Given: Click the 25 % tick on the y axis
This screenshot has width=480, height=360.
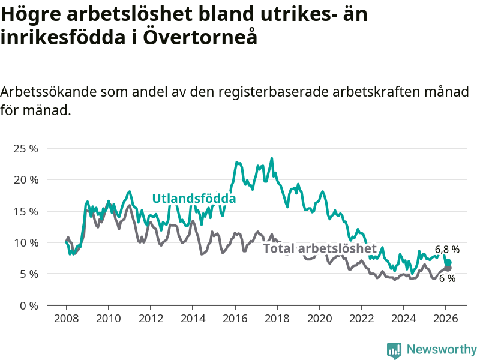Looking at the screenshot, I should tap(25, 148).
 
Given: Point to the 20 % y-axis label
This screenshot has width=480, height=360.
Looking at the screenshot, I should tap(25, 179).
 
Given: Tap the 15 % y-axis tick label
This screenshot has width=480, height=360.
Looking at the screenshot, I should tap(25, 211).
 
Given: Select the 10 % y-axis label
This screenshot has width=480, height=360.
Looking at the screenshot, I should tap(25, 242).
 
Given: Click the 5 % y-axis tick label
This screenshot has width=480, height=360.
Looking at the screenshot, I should tap(28, 274).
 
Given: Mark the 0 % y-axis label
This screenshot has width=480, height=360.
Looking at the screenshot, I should tap(28, 305).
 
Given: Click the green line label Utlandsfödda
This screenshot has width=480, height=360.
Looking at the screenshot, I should tap(194, 199).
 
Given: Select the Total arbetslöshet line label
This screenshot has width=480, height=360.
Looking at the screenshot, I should tap(320, 248).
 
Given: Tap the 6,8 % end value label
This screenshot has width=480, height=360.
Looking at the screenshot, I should tap(447, 249).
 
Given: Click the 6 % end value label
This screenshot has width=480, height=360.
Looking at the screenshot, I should tap(447, 278).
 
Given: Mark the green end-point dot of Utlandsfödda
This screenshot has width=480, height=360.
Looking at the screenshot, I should tap(448, 263).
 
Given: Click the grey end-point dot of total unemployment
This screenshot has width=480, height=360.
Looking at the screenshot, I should tap(448, 268).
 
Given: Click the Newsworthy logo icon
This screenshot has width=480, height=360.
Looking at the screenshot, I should tap(394, 350).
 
